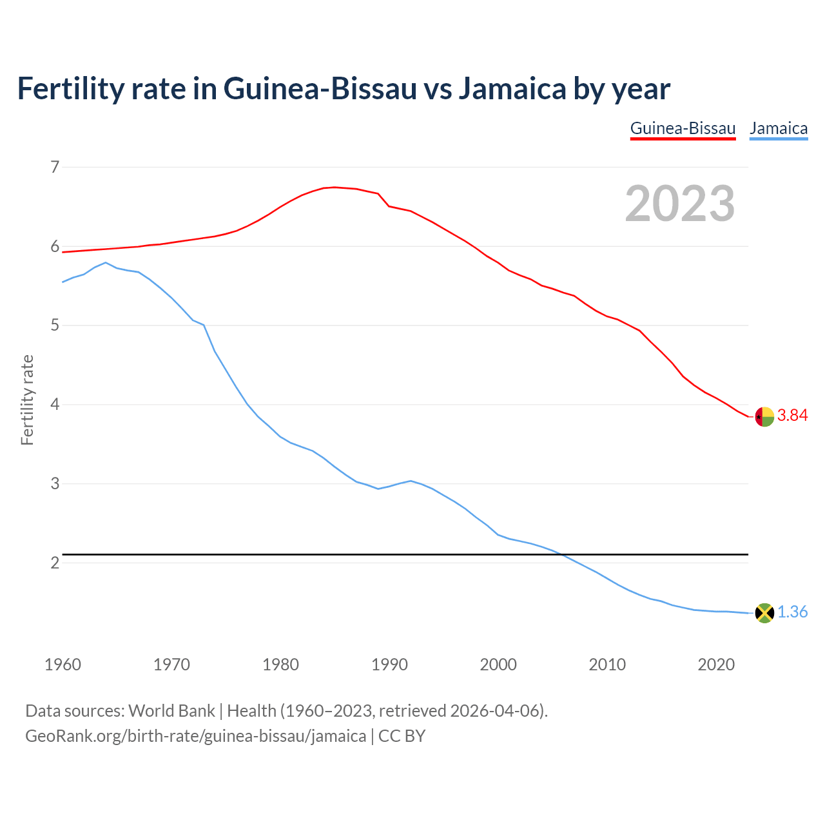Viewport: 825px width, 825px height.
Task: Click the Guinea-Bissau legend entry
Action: click(683, 128)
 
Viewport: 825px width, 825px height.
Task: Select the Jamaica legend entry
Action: click(779, 128)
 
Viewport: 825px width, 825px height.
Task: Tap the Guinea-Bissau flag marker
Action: click(764, 417)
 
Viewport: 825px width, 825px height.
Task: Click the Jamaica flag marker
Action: click(764, 613)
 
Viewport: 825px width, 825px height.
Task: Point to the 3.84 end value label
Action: click(792, 416)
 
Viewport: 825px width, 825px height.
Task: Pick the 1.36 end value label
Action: click(792, 612)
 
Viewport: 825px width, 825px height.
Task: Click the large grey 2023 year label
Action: click(680, 204)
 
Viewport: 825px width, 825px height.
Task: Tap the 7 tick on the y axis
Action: click(55, 168)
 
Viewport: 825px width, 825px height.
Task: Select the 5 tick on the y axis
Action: click(55, 325)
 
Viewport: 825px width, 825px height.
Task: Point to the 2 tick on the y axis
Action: click(55, 563)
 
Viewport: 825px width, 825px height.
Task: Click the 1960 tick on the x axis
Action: click(63, 665)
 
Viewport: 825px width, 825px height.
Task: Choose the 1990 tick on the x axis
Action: click(389, 665)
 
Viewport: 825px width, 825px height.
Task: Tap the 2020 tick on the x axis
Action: click(716, 665)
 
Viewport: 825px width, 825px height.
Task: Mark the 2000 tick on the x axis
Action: click(498, 665)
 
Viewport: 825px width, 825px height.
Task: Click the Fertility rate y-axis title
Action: click(27, 400)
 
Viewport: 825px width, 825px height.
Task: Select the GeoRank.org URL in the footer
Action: click(195, 736)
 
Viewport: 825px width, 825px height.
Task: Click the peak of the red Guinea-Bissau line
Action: click(334, 187)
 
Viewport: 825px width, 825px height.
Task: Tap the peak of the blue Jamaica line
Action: click(106, 262)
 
